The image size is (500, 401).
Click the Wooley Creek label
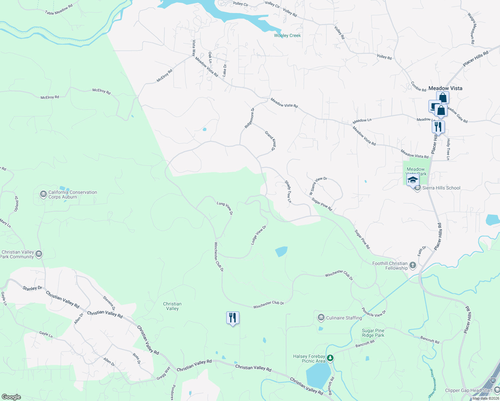[x=287, y=35]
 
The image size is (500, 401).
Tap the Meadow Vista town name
[x=445, y=88]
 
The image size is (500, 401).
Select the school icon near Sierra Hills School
[x=413, y=180]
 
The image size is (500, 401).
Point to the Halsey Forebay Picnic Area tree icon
[x=330, y=359]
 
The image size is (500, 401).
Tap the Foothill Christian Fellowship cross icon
[x=413, y=266]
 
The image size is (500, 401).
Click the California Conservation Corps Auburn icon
[x=43, y=194]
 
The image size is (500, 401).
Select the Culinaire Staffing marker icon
[x=321, y=317]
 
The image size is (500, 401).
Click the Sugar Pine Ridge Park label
[x=373, y=333]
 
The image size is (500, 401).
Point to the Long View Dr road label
[x=225, y=208]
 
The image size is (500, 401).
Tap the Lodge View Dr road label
[x=258, y=235]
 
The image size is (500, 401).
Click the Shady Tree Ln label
[x=288, y=192]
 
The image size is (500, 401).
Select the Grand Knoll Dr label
[x=270, y=141]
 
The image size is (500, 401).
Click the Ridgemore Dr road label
[x=249, y=118]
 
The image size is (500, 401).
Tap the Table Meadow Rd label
[x=59, y=10]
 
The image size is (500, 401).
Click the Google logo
[x=11, y=397]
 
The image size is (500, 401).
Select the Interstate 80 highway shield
[x=493, y=380]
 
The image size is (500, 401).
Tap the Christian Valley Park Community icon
[x=39, y=254]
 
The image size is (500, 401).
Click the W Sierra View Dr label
[x=318, y=186]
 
